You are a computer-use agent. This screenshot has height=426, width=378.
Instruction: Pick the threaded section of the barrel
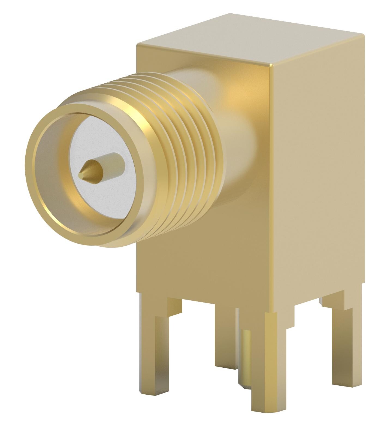pyautogui.click(x=174, y=153)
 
